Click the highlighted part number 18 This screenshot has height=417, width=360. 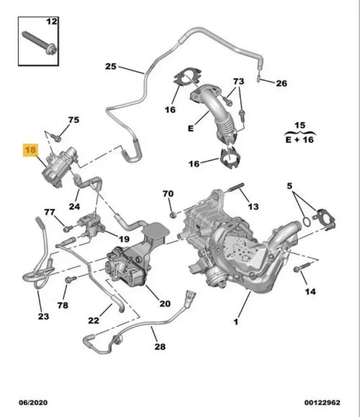click(x=31, y=151)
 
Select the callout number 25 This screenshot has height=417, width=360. click(x=111, y=66)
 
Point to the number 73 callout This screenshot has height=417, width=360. click(x=238, y=81)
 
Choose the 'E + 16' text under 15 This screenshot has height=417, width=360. click(x=300, y=139)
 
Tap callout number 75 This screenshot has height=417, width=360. click(x=73, y=120)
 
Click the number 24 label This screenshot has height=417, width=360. click(x=74, y=206)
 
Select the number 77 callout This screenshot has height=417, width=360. click(x=50, y=212)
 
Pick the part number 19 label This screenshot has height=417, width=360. click(x=124, y=239)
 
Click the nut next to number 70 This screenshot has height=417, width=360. click(x=173, y=214)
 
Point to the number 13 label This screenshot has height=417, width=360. click(x=253, y=207)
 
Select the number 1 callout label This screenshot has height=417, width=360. click(x=236, y=322)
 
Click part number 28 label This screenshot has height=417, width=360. click(x=160, y=346)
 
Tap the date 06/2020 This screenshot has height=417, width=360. click(x=33, y=403)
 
